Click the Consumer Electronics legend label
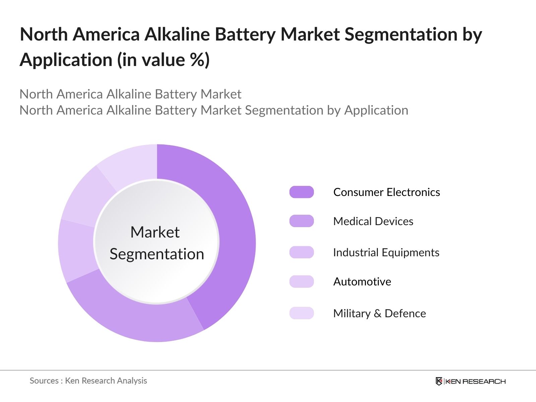[387, 192]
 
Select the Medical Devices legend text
[373, 221]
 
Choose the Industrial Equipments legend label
[386, 253]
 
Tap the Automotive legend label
[362, 282]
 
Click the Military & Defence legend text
[380, 314]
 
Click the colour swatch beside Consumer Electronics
[301, 192]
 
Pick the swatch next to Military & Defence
[301, 313]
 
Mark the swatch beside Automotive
[301, 282]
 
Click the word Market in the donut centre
[155, 232]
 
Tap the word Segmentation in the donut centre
[157, 254]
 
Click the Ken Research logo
[470, 381]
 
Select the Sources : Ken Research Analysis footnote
[88, 381]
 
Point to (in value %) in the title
[163, 60]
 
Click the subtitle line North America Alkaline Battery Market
[130, 94]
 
